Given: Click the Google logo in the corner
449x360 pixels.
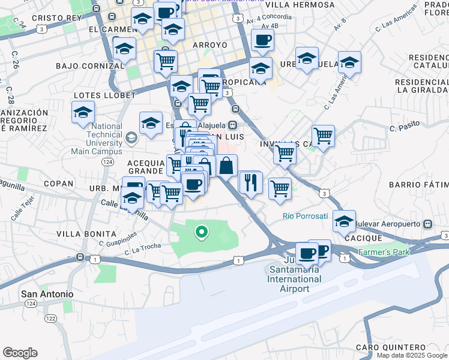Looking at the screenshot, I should tap(20, 353).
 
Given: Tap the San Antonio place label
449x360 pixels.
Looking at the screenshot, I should tap(47, 294).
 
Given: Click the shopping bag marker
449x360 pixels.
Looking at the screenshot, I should tap(227, 166).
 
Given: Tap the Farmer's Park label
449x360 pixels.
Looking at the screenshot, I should tap(384, 251).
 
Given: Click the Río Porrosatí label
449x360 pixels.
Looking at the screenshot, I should tap(306, 216).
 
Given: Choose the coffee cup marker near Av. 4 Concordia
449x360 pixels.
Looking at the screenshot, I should tap(262, 41).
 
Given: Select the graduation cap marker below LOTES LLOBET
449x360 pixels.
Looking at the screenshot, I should tap(83, 112).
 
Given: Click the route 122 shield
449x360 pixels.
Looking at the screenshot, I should tap(50, 318).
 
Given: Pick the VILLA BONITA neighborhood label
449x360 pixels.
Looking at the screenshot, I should tap(86, 233).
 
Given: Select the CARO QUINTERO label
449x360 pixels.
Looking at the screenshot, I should tap(390, 347).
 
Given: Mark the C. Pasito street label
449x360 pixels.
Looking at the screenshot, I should tap(403, 128).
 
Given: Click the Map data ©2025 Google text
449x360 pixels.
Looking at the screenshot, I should tap(412, 355).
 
